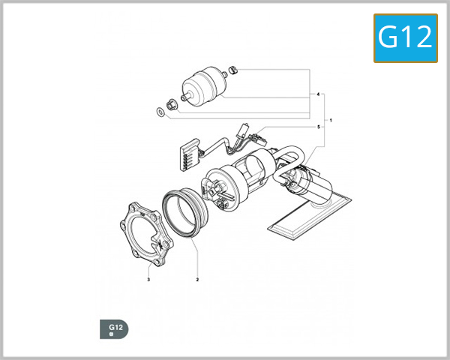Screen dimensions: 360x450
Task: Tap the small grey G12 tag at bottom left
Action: click(114, 329)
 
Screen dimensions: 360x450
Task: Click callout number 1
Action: click(331, 121)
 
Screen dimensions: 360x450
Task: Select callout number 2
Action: click(197, 280)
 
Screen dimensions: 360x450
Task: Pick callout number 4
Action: click(319, 95)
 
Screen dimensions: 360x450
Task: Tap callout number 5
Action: click(319, 127)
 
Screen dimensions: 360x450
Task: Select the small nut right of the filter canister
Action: click(233, 71)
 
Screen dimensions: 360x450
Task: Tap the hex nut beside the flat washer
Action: click(172, 102)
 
